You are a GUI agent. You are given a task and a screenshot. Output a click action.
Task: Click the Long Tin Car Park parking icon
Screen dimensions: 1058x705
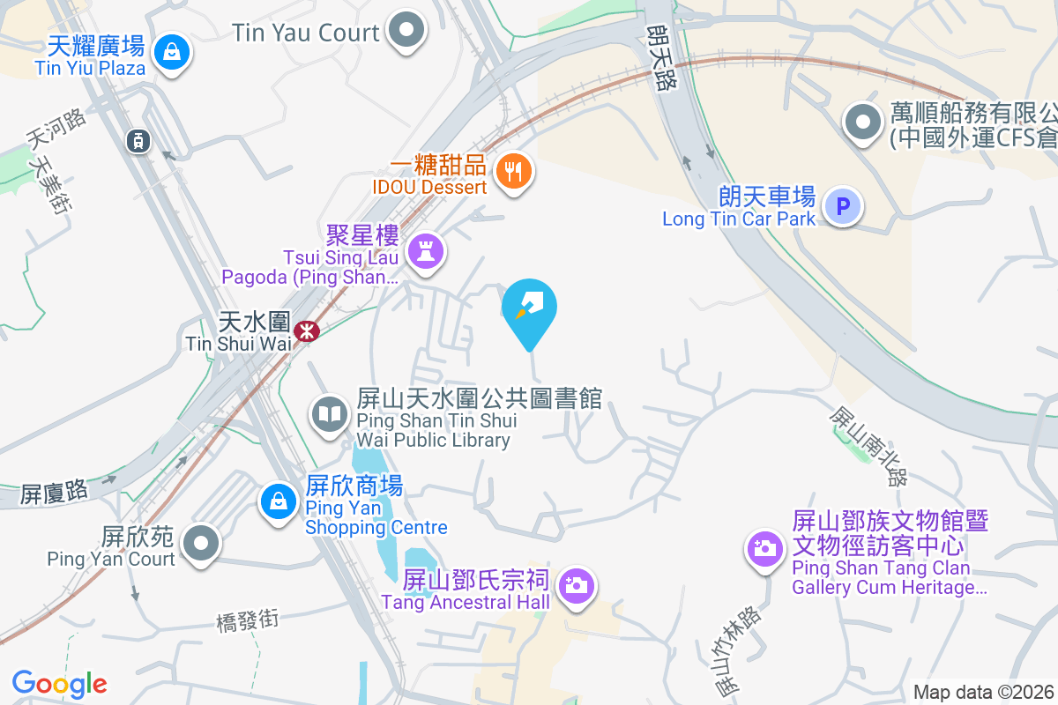(x=843, y=207)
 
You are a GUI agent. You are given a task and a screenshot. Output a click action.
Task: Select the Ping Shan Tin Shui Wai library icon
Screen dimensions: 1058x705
(x=331, y=413)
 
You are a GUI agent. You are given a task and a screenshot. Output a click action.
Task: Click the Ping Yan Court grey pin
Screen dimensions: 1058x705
(x=203, y=542)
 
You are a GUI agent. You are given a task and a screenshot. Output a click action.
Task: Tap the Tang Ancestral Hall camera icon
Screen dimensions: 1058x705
(x=577, y=584)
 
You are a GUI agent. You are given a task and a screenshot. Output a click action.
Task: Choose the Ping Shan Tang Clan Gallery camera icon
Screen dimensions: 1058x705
(x=764, y=550)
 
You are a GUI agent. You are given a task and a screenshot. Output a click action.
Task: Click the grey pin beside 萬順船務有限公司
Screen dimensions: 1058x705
(x=862, y=122)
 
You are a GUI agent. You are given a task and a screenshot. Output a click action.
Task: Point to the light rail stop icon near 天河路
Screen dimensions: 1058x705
(x=137, y=140)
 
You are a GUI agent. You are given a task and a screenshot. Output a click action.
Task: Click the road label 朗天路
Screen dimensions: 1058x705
(x=658, y=57)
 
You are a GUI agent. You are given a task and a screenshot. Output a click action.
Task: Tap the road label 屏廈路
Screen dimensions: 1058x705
(x=55, y=492)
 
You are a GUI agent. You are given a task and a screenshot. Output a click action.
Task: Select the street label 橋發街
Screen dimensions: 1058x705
(x=248, y=620)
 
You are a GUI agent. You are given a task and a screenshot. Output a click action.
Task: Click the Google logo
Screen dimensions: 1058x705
(x=59, y=684)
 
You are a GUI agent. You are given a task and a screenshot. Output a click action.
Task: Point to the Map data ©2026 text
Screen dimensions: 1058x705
(x=982, y=692)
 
